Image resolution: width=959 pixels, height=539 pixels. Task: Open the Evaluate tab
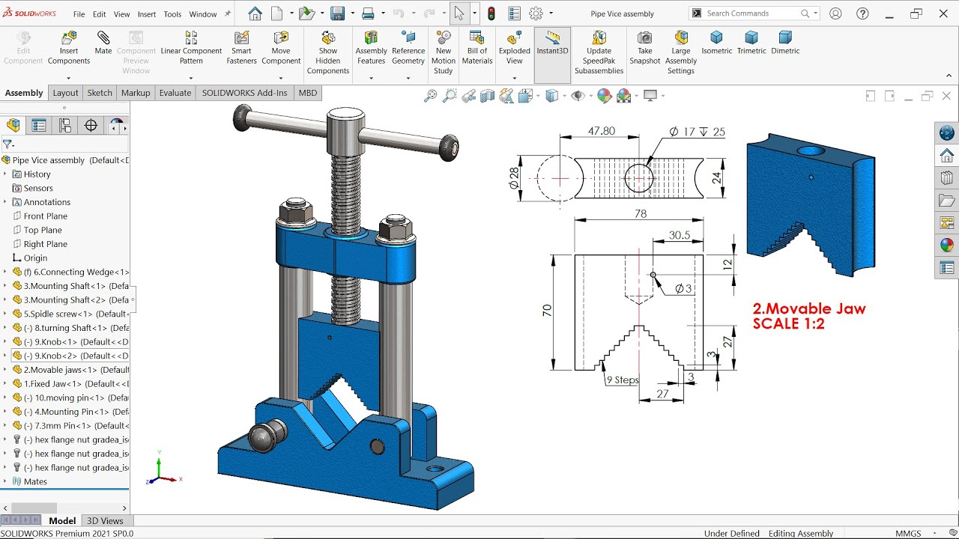click(175, 93)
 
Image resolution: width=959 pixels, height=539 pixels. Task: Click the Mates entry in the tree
click(35, 481)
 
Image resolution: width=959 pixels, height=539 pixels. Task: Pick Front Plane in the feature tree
click(45, 216)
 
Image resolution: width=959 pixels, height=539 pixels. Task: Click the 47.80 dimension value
click(601, 131)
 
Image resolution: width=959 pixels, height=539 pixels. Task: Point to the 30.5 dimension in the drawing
click(679, 235)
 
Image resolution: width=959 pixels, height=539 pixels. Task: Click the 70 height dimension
click(547, 310)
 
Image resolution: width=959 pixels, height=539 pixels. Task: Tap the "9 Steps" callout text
click(622, 380)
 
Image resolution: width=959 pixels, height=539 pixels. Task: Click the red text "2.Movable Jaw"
click(809, 309)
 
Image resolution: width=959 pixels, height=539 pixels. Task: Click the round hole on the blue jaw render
click(810, 151)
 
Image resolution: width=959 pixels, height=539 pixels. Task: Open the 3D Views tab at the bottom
click(105, 521)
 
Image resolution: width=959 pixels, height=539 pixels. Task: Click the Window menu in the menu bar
click(202, 14)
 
